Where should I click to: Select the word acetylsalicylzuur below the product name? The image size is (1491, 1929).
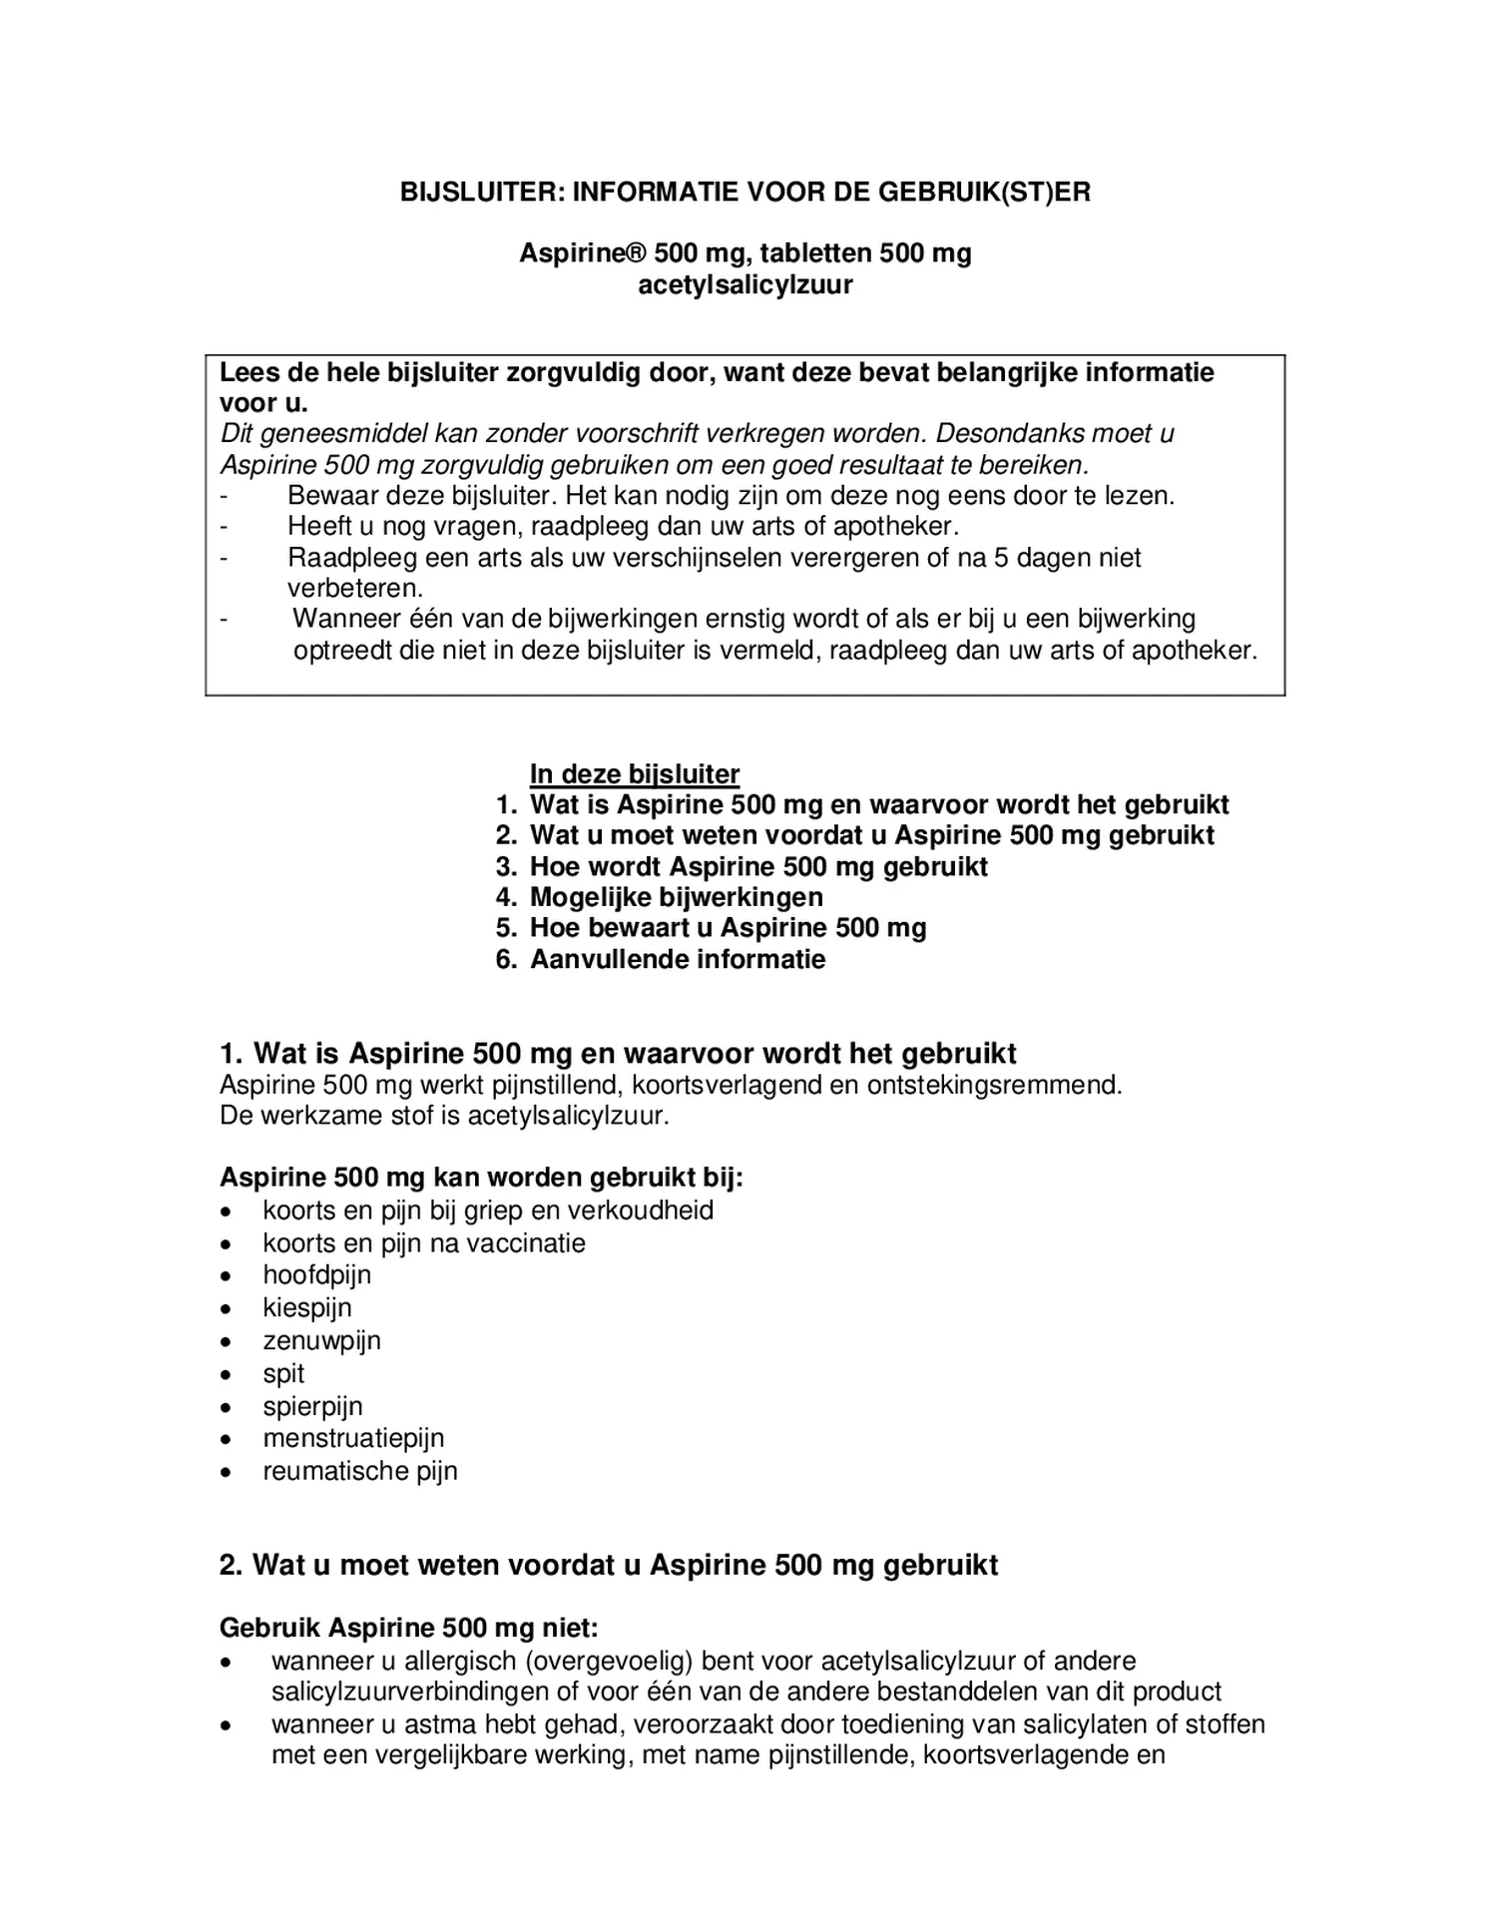pos(745,285)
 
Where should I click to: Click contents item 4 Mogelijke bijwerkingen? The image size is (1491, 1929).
pos(676,897)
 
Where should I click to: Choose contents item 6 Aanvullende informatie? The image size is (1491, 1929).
pos(677,960)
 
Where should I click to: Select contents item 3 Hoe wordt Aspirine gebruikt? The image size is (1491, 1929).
pos(757,866)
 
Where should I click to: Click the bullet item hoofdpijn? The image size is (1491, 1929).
pos(316,1275)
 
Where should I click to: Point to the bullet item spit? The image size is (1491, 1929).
pos(283,1374)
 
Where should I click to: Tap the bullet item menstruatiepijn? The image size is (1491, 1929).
pos(353,1438)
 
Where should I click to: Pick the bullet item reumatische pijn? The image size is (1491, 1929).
pos(359,1471)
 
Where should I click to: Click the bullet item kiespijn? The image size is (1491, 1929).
pos(306,1308)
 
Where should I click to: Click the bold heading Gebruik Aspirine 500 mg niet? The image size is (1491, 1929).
pos(408,1629)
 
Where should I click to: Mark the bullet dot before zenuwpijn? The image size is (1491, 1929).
pos(228,1342)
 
